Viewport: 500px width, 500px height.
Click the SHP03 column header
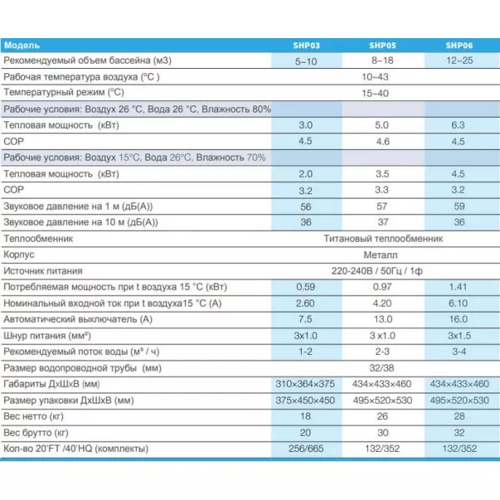(x=305, y=46)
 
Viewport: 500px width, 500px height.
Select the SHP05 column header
(x=381, y=46)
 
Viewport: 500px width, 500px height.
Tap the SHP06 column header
(x=459, y=46)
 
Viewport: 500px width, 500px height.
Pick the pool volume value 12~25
(x=459, y=61)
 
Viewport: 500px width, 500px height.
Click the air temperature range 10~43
(x=381, y=77)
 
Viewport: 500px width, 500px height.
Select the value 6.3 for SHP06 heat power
(x=459, y=124)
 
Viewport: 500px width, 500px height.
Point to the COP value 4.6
(x=381, y=141)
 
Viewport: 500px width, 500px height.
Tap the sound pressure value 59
(x=459, y=206)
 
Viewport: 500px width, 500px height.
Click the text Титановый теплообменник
(x=381, y=238)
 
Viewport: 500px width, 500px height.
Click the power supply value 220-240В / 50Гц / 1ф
(x=381, y=270)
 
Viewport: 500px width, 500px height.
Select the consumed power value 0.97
(x=381, y=287)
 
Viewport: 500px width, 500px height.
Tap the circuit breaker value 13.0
(x=381, y=318)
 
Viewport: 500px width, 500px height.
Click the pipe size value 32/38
(x=381, y=367)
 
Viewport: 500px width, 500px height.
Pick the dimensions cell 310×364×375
(x=305, y=383)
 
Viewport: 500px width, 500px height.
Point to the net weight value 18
(x=305, y=416)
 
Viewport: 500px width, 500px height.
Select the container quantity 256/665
(x=305, y=449)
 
